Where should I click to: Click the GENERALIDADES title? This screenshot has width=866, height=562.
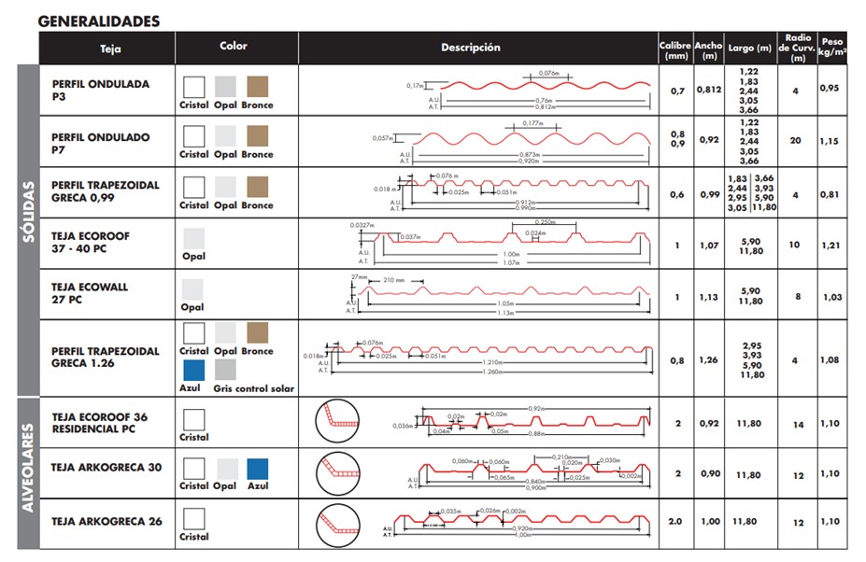pos(99,21)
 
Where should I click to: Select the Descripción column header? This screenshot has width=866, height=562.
pos(471,48)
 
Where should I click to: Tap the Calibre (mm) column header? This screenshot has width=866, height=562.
pos(674,49)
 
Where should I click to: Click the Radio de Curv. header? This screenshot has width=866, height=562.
pos(798,48)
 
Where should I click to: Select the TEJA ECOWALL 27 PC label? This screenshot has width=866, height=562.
pos(92,293)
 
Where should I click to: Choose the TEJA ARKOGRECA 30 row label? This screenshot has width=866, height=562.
pos(106,468)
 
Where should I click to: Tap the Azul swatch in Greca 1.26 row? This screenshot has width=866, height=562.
pos(193,371)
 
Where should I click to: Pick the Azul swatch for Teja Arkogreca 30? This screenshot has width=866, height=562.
pos(258,468)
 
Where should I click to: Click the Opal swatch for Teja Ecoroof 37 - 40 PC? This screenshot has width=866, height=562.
pos(193,237)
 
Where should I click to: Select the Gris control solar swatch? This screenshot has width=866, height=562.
pos(225,371)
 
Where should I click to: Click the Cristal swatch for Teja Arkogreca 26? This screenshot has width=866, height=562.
pos(193,518)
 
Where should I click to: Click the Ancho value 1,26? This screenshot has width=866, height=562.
pos(709,360)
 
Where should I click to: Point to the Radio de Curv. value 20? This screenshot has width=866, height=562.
pos(797,141)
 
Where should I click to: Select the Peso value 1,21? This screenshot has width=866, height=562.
pos(831,245)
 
